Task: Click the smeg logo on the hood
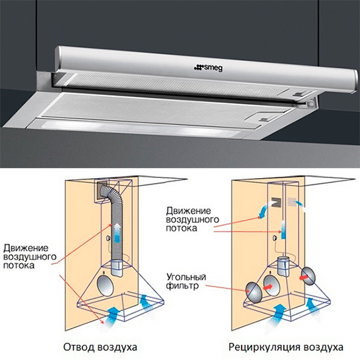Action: (208, 68)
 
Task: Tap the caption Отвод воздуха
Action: (100, 347)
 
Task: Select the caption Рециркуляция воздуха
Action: (286, 347)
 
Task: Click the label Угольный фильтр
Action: (186, 281)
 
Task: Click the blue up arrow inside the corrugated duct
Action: (117, 232)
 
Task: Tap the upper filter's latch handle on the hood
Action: (300, 94)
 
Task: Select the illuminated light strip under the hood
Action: (137, 128)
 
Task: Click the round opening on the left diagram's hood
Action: (105, 285)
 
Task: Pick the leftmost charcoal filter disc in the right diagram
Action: (254, 293)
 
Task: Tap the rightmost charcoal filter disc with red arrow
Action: (308, 276)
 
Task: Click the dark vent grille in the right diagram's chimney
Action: (276, 202)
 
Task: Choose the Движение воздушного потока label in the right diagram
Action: (192, 219)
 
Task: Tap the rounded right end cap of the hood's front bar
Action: (355, 82)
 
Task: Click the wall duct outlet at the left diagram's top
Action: (101, 192)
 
